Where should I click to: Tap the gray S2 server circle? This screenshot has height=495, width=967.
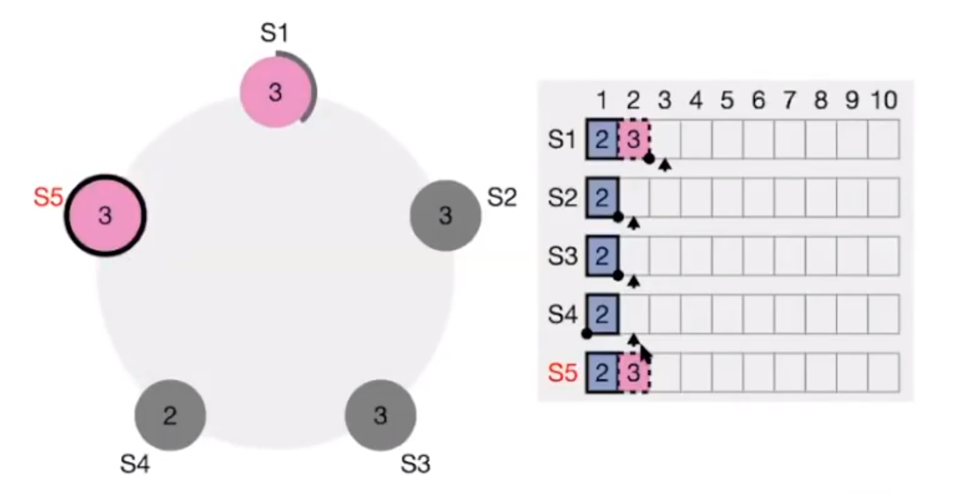click(446, 216)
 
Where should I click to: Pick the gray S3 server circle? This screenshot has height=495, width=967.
click(380, 415)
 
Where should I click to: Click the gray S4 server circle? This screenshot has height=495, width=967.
click(170, 415)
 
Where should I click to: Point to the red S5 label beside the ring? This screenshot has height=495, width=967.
click(48, 198)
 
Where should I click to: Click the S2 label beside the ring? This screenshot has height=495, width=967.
click(501, 198)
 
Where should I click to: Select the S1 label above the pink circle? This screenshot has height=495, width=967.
click(274, 34)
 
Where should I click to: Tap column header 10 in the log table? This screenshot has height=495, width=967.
click(883, 101)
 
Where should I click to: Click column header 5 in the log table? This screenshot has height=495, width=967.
click(727, 101)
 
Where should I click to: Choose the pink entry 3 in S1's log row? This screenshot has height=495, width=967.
click(634, 139)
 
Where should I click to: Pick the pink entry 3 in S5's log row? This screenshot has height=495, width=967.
click(634, 373)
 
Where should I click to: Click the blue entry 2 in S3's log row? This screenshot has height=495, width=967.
click(603, 256)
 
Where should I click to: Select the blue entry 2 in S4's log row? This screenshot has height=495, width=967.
click(603, 314)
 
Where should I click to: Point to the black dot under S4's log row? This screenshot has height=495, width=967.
click(587, 334)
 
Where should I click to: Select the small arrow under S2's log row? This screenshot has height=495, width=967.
click(634, 223)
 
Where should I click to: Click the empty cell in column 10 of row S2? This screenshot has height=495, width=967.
click(883, 197)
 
